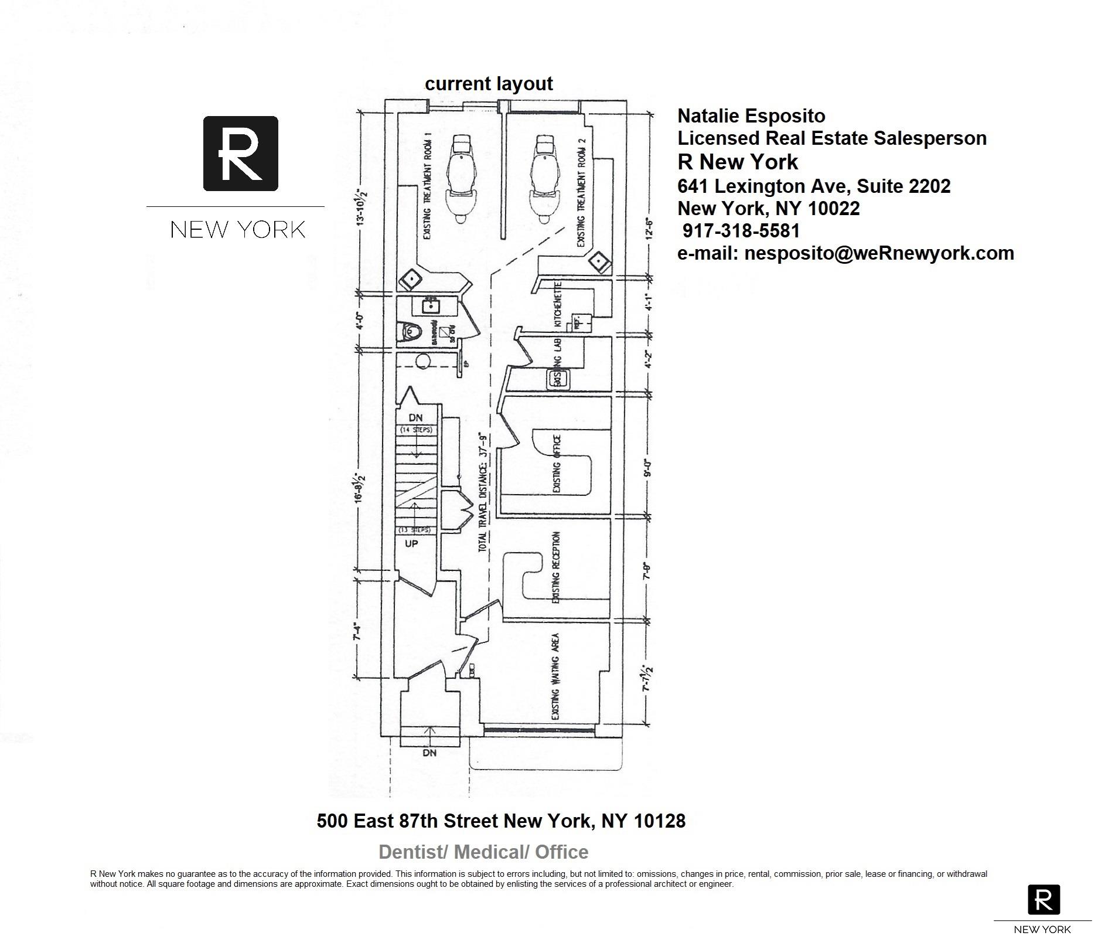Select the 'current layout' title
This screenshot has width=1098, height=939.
pos(489,84)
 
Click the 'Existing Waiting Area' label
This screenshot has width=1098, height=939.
pos(555,676)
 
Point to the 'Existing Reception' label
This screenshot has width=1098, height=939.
pos(556,567)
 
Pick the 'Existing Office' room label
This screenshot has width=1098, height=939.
pos(557,464)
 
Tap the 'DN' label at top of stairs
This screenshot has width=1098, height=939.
pos(415,418)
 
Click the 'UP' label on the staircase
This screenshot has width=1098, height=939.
pos(411,543)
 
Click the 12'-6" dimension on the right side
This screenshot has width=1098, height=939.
pos(649,226)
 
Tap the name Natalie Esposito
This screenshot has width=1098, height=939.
pos(751,116)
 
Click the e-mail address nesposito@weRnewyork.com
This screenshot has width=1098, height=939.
pos(846,253)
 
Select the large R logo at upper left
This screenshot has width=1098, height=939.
pos(240,154)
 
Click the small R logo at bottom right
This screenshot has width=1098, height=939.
pos(1044,900)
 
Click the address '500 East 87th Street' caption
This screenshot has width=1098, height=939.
pos(501,821)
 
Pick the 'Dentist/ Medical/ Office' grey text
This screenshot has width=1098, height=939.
pos(483,852)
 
